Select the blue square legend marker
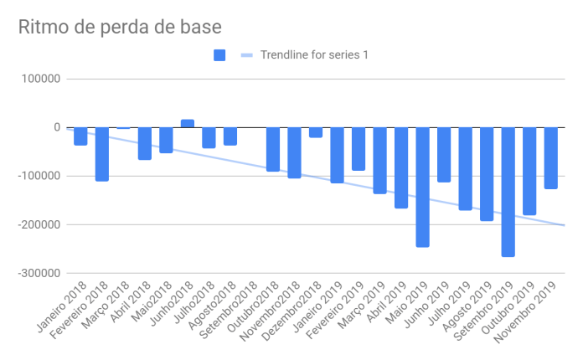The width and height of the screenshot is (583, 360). click(x=219, y=55)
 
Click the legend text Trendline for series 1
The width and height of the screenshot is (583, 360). click(x=315, y=55)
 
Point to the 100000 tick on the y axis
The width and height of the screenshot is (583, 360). click(x=41, y=80)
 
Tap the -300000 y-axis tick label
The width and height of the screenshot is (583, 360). click(x=39, y=274)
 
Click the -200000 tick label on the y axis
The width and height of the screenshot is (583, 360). click(x=39, y=225)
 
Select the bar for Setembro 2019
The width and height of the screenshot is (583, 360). click(x=508, y=192)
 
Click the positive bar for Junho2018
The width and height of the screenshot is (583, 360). click(x=188, y=124)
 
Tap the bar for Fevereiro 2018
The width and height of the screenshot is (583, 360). click(x=102, y=154)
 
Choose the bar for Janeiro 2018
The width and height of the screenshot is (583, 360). click(x=80, y=136)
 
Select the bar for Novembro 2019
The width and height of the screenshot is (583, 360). click(x=551, y=158)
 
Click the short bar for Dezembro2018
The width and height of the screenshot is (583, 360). click(x=316, y=132)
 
